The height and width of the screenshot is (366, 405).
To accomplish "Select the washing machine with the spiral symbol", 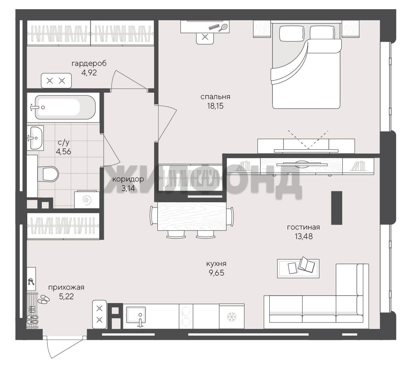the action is [87, 199].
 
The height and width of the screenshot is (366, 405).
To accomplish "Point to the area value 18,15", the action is [215, 106].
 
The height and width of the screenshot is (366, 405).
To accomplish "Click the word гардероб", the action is [89, 63].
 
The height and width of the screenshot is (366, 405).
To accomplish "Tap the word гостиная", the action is [304, 227].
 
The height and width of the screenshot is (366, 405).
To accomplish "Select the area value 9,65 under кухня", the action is [216, 273].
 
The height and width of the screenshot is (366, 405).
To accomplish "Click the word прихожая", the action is [66, 287].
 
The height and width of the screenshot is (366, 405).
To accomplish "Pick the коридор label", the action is [128, 179].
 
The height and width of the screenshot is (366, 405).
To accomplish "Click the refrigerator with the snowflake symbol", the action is [232, 316].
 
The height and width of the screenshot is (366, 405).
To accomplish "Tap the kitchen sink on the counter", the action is [136, 315].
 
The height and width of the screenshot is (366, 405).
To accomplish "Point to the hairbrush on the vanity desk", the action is [223, 27].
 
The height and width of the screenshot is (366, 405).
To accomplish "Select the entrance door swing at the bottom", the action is [64, 347].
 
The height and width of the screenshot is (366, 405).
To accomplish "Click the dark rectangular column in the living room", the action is [337, 208].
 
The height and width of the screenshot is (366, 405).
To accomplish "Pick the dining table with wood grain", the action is [192, 216].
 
